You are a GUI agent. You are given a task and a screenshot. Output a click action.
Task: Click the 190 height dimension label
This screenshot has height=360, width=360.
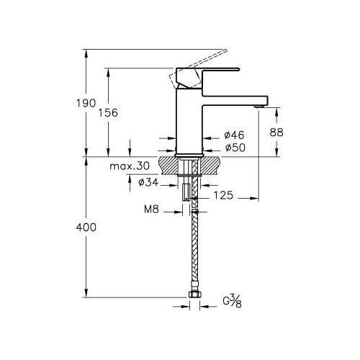(x=86, y=103)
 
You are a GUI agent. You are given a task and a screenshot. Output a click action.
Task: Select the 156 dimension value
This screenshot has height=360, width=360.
(x=108, y=112)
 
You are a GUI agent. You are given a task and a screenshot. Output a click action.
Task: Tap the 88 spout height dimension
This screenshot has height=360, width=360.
(x=276, y=132)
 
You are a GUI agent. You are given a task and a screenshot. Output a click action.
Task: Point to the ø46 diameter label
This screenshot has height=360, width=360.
(x=234, y=135)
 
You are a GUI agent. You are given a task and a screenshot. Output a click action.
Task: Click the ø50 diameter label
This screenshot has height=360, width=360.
(x=235, y=148)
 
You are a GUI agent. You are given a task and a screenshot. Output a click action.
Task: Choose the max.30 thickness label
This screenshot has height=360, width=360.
(x=130, y=166)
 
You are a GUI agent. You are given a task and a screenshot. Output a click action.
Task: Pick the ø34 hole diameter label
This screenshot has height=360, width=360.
(x=148, y=182)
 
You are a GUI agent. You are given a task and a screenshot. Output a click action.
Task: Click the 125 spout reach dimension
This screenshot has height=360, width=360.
(x=223, y=195)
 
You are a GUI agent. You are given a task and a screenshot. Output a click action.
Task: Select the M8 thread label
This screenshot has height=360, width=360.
(x=151, y=209)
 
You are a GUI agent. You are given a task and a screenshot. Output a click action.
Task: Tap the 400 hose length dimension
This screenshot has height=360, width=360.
(x=86, y=227)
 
